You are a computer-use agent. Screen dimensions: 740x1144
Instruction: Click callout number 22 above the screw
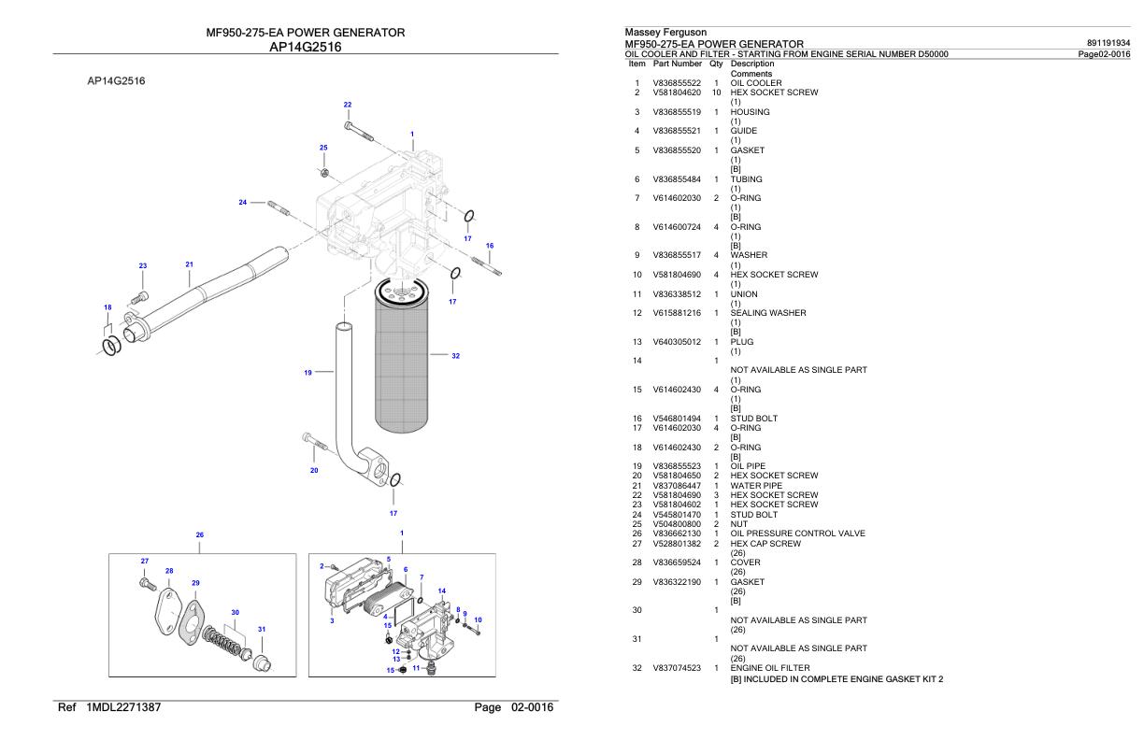[348, 104]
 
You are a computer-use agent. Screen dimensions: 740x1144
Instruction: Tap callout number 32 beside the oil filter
[455, 355]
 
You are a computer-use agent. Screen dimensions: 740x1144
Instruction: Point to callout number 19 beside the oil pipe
[307, 372]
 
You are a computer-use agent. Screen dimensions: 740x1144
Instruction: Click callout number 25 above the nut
[323, 148]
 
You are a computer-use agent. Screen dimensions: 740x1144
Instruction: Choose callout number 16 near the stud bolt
[490, 246]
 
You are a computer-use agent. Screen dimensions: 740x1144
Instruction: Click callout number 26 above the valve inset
[199, 535]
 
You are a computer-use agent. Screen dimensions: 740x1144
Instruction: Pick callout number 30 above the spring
[236, 612]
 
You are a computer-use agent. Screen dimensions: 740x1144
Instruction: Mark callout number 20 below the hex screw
[314, 470]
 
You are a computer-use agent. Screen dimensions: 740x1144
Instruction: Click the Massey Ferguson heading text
[652, 33]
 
